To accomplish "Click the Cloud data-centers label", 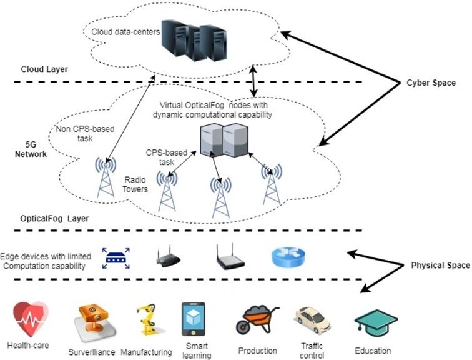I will tap(125, 32).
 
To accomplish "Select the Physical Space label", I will tap(440, 265).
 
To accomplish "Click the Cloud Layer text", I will tap(44, 69).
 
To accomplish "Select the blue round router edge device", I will tap(288, 256).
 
